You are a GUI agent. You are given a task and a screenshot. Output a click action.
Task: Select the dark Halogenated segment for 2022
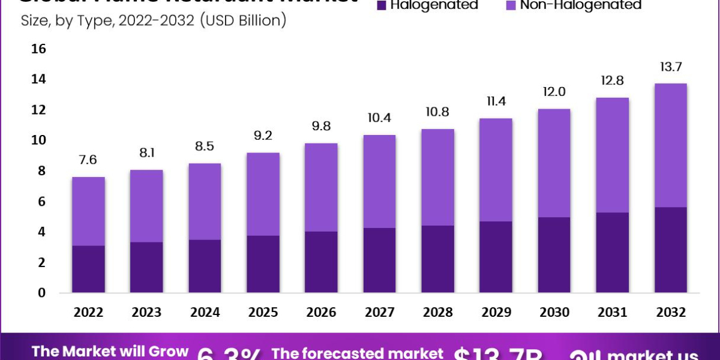[88, 269]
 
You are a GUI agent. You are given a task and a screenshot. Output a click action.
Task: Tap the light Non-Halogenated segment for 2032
[670, 145]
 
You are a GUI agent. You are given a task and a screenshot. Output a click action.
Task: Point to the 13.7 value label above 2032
[670, 67]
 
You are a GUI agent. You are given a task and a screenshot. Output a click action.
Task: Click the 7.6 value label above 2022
[88, 160]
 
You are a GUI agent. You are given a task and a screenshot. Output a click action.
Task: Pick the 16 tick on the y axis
[38, 49]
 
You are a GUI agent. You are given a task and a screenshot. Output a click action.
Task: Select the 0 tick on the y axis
[41, 293]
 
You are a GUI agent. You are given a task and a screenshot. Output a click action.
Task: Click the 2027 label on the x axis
[379, 313]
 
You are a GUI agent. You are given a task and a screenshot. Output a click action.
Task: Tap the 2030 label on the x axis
[554, 313]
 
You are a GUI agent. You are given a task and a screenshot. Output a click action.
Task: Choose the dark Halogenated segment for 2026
[321, 262]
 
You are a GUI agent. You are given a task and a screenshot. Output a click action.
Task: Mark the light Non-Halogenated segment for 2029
[496, 170]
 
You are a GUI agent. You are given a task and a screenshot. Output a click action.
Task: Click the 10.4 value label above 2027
[379, 118]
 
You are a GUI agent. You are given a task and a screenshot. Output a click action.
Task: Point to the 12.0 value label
[554, 92]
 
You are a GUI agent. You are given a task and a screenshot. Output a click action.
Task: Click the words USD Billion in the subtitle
[242, 22]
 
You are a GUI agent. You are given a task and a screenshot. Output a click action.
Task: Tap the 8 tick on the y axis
[41, 171]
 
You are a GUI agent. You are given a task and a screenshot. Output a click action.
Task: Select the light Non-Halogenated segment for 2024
[205, 202]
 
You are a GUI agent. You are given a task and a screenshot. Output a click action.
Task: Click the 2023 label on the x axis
[146, 313]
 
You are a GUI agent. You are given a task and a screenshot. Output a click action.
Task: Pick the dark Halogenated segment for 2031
[612, 253]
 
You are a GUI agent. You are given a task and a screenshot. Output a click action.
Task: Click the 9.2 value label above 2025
[263, 136]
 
